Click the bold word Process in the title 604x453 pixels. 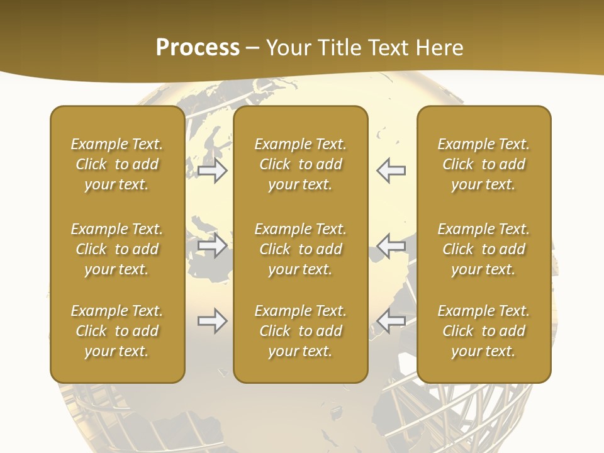198,48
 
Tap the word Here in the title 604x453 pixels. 439,48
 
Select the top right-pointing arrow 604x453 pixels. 213,171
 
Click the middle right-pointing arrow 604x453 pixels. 213,245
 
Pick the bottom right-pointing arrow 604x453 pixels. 213,322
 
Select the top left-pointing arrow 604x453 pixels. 391,171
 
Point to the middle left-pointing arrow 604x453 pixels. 391,245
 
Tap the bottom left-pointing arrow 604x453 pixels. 391,322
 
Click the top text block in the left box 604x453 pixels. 117,164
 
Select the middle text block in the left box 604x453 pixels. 117,249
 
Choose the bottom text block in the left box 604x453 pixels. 117,331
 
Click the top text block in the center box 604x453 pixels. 301,164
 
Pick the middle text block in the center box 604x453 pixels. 301,249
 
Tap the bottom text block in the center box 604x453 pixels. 301,331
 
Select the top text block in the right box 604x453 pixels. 484,164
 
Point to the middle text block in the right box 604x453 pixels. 484,249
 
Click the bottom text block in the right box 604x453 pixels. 484,331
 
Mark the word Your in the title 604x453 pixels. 288,48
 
